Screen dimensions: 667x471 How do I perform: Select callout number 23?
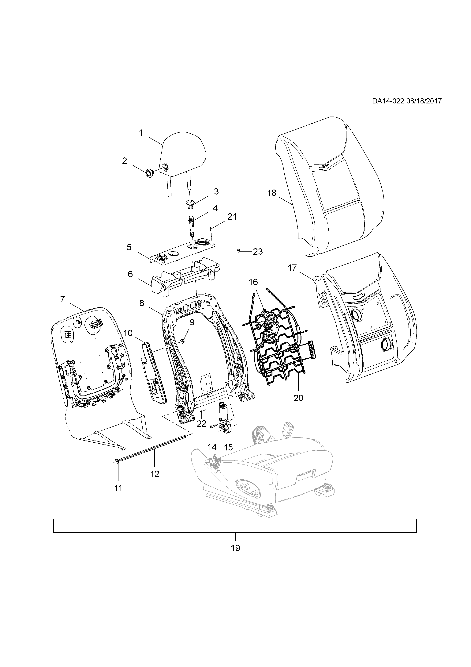coord(258,252)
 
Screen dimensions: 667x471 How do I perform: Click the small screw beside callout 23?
coord(238,250)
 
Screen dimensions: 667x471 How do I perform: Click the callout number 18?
coord(272,193)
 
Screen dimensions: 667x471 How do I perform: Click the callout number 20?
coord(298,398)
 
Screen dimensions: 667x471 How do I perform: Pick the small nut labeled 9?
coord(183,341)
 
